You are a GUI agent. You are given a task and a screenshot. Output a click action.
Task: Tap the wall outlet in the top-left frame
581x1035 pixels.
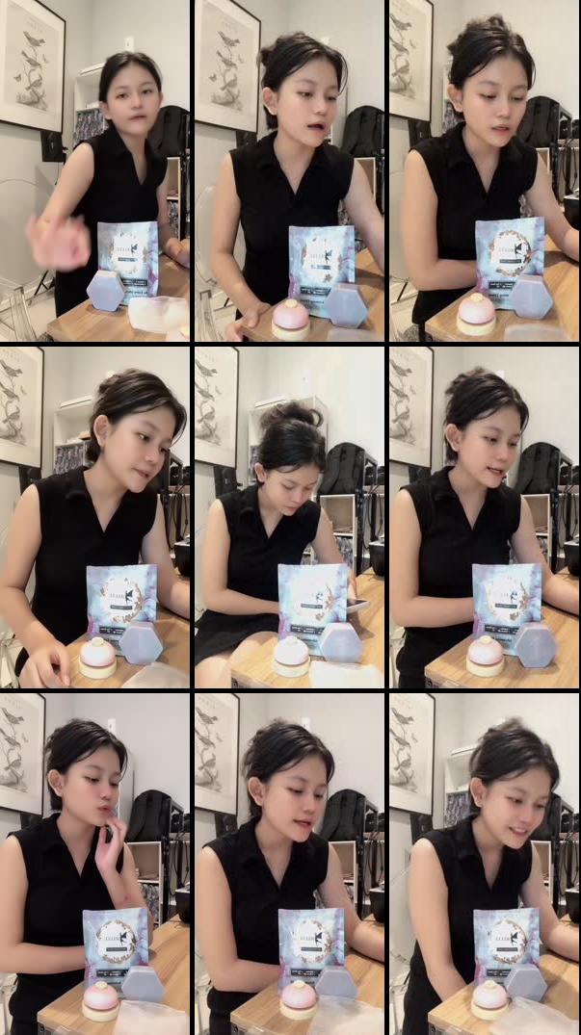[x=129, y=43]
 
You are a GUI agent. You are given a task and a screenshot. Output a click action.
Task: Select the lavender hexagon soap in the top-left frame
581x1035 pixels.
[x=105, y=290]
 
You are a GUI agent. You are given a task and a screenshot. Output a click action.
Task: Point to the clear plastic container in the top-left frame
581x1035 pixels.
[x=159, y=313]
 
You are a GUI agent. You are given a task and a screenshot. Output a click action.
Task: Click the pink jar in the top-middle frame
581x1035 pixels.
[x=290, y=319]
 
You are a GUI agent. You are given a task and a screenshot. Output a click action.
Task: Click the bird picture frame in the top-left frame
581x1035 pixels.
[x=31, y=64]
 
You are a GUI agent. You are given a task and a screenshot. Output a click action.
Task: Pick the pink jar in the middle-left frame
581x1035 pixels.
[x=97, y=658]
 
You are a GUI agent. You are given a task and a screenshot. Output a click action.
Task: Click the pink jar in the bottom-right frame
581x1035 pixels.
[x=489, y=999]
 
